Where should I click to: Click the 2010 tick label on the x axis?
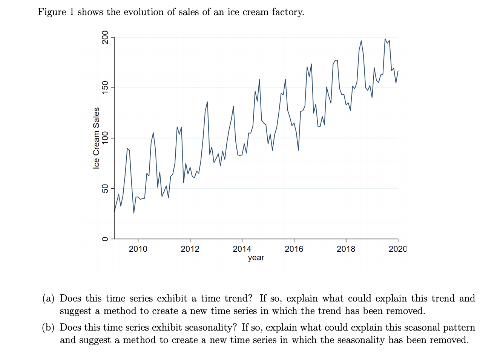click(x=138, y=249)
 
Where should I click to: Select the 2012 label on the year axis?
click(x=190, y=249)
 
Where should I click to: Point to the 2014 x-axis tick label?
click(x=242, y=249)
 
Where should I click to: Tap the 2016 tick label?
click(x=294, y=249)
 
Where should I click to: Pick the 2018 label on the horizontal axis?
click(x=346, y=249)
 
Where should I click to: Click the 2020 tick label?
click(x=398, y=249)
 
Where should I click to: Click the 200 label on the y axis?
click(x=105, y=37)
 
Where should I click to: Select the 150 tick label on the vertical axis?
click(x=105, y=88)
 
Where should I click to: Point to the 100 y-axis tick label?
click(x=105, y=138)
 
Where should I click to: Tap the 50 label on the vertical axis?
click(x=105, y=189)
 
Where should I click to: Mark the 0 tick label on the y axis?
click(x=105, y=239)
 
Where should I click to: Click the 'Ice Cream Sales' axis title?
click(x=97, y=138)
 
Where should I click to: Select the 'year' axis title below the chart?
click(x=256, y=258)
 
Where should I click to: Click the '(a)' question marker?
click(x=48, y=298)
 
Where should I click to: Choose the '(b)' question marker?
click(x=48, y=328)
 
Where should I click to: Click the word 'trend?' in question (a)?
click(x=238, y=298)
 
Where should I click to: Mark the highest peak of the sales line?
click(x=385, y=39)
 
